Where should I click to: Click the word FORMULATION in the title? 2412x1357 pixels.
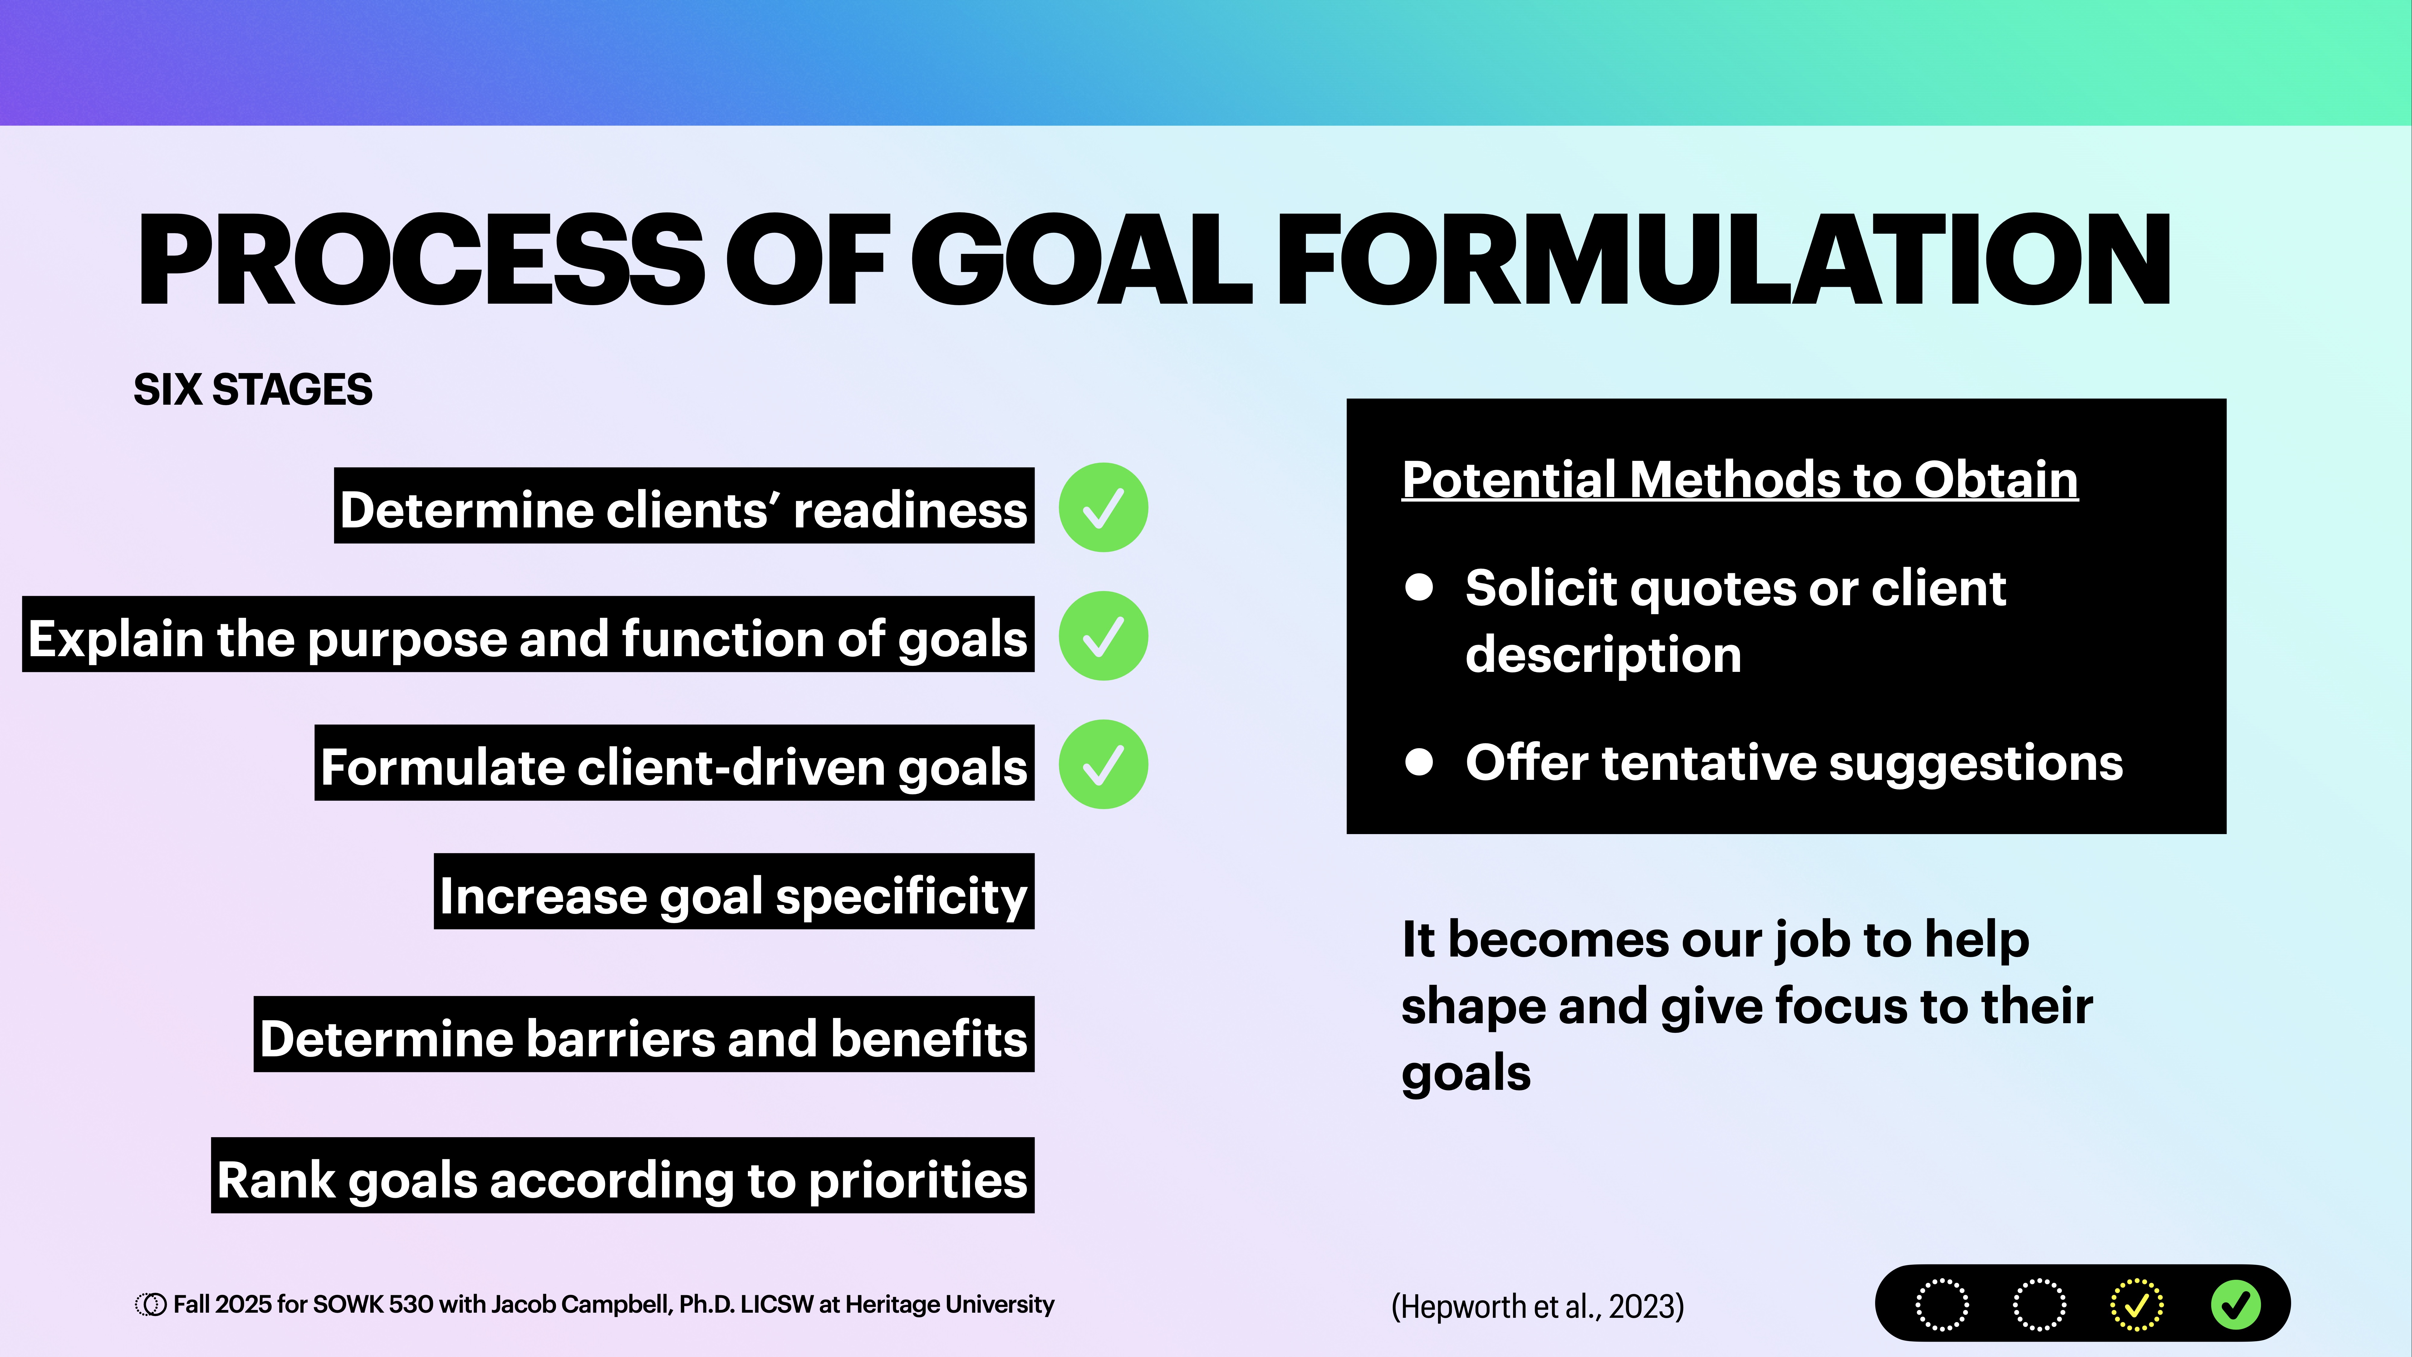click(x=1723, y=260)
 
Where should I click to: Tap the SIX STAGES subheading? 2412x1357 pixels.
click(x=253, y=390)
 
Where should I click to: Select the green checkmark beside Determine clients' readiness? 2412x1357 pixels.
click(x=1103, y=508)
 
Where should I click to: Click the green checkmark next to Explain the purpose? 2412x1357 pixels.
click(x=1103, y=636)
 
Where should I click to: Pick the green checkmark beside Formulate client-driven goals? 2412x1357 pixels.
click(x=1103, y=764)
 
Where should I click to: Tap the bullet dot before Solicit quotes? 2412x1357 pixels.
click(x=1419, y=587)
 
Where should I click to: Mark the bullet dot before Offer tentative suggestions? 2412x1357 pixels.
click(x=1419, y=762)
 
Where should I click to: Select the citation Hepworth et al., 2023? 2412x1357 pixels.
click(x=1537, y=1305)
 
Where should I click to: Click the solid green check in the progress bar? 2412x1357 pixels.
click(x=2236, y=1305)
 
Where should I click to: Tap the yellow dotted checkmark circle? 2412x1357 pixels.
click(x=2137, y=1305)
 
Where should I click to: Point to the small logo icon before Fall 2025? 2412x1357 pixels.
click(x=150, y=1305)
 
